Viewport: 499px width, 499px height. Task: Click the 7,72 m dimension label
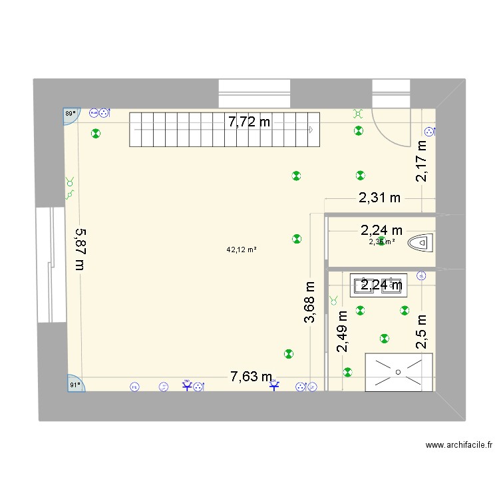[x=249, y=122]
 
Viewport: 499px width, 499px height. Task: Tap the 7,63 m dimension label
[x=251, y=377]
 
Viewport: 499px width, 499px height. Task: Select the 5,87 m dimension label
[x=80, y=249]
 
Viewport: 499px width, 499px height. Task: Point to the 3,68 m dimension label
[x=309, y=302]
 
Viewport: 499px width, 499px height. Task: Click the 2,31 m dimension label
[x=381, y=197]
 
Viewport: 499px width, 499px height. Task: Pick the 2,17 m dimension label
[x=421, y=160]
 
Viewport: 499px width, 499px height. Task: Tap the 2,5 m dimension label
[x=421, y=332]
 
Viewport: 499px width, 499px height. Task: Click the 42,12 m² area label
[x=242, y=250]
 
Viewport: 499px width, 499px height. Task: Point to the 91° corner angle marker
[x=74, y=384]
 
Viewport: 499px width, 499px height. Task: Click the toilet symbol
[x=420, y=242]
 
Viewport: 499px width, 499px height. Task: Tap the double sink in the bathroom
[x=377, y=285]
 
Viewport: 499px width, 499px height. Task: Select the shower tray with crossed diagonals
[x=399, y=371]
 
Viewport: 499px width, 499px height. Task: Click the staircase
[x=224, y=129]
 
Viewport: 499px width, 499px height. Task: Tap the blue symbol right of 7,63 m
[x=275, y=385]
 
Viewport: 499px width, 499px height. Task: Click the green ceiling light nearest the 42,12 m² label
[x=296, y=239]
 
